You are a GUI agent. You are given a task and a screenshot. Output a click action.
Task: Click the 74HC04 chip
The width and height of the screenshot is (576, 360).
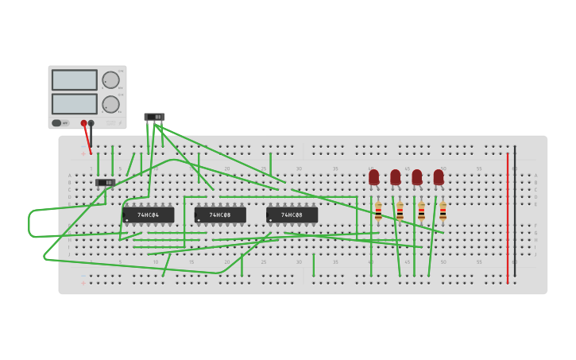tap(149, 215)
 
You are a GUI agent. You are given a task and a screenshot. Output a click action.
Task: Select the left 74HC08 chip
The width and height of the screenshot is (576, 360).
tap(220, 215)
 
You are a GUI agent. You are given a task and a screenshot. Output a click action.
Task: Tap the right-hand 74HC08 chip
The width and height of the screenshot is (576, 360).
tap(292, 215)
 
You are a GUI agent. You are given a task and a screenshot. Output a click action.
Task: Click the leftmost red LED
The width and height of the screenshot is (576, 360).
tap(374, 177)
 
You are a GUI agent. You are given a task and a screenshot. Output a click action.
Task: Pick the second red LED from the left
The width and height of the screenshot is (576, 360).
tap(396, 177)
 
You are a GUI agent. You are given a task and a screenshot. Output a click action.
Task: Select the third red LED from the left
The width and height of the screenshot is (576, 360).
tap(417, 177)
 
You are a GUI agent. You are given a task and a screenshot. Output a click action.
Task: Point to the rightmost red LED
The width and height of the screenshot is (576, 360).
tap(439, 177)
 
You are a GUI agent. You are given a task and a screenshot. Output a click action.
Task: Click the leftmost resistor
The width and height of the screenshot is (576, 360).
tap(378, 211)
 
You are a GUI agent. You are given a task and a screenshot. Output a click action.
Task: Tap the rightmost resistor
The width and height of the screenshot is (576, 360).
tap(443, 211)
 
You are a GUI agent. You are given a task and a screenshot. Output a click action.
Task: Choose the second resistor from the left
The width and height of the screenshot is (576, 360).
tap(400, 211)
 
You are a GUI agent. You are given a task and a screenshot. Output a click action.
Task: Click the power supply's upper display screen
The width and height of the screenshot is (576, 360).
tap(75, 79)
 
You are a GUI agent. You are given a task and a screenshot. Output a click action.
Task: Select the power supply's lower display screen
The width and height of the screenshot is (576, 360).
tap(75, 104)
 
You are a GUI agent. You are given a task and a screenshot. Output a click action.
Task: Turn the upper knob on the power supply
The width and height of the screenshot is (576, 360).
tap(110, 79)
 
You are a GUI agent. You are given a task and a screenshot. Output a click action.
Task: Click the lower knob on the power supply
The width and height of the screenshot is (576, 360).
tap(110, 104)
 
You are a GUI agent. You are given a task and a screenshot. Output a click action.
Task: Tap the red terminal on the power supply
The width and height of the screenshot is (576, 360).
tap(83, 123)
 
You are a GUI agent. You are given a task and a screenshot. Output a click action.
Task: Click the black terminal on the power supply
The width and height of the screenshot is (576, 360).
tap(91, 123)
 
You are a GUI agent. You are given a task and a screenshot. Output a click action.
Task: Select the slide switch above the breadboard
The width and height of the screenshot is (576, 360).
tap(154, 117)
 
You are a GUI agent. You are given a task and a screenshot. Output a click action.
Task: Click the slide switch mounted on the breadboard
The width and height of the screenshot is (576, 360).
tap(105, 182)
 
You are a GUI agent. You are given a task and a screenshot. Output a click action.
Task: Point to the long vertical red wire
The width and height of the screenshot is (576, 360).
tap(508, 215)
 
